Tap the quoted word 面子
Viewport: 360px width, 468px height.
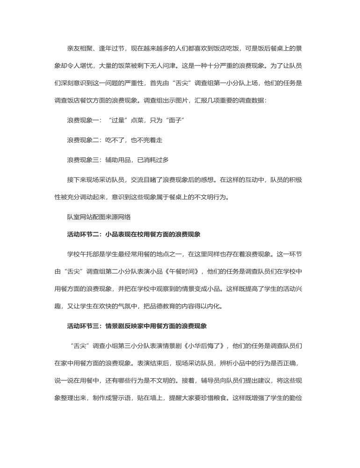click(173, 120)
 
